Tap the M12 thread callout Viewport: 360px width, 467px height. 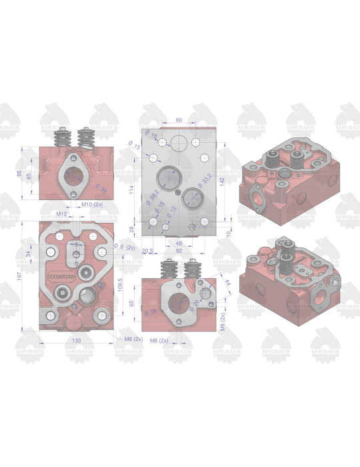pos(63,213)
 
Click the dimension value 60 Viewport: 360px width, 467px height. pos(179,119)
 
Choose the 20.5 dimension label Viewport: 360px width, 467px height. pos(148,251)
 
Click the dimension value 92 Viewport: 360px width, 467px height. pos(179,251)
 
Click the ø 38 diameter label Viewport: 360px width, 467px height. pos(153,312)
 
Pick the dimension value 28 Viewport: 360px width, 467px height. pos(132,229)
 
